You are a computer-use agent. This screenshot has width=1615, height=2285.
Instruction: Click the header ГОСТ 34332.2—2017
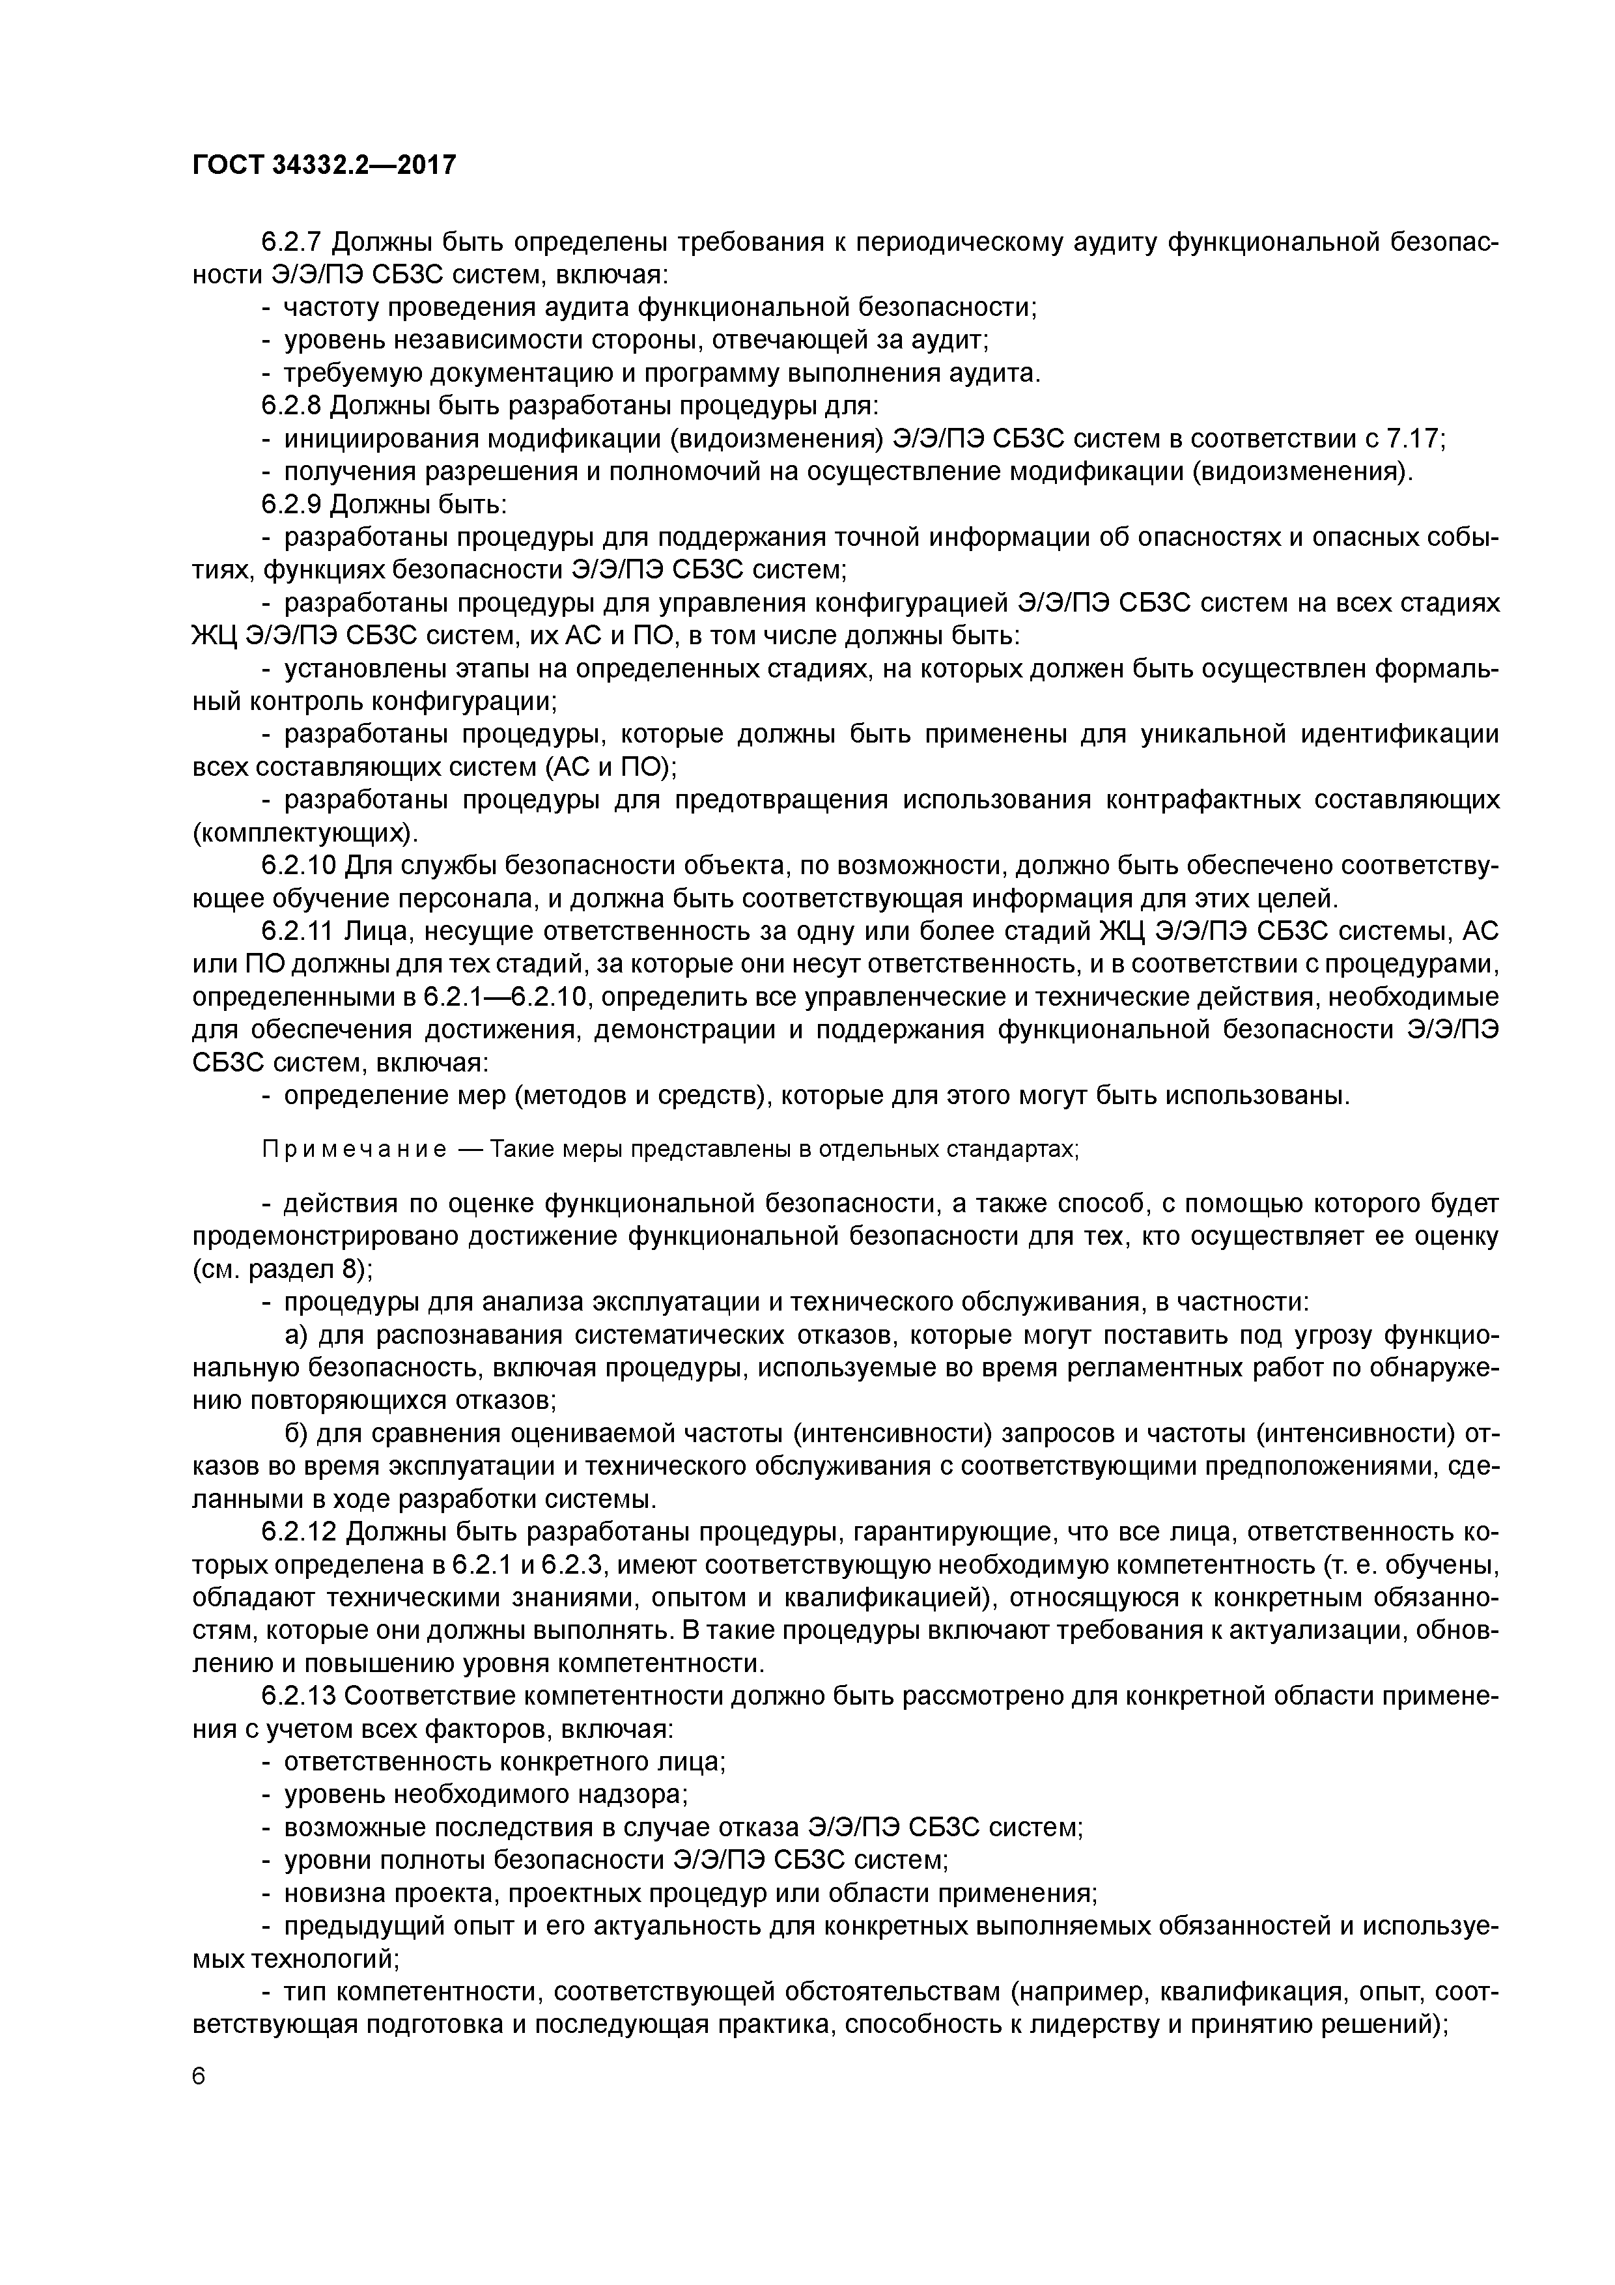(x=324, y=164)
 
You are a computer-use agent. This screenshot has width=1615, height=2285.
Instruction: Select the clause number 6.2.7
(x=292, y=243)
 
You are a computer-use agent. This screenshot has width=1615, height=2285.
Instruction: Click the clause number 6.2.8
(x=292, y=406)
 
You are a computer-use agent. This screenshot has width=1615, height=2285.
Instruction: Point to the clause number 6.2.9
(x=292, y=505)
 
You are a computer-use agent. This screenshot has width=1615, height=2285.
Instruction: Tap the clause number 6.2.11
(x=300, y=931)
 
